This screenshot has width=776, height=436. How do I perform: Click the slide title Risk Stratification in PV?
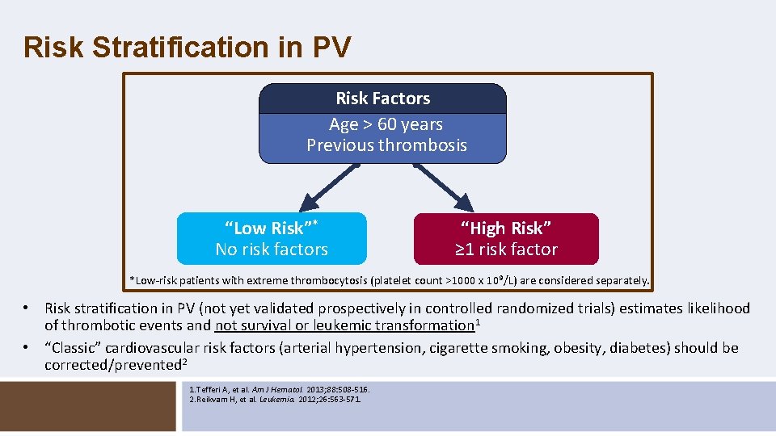188,47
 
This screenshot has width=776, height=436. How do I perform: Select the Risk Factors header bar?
382,99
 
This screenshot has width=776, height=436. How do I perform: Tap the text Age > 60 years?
386,124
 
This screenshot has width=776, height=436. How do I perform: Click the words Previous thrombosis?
386,145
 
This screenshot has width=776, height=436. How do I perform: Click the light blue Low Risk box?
272,238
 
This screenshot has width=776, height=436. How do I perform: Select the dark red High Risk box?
506,238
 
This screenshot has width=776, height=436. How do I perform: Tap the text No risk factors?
272,249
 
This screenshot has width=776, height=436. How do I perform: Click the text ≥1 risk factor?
506,249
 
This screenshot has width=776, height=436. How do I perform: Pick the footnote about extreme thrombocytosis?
389,281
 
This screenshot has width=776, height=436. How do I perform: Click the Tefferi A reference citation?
278,389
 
